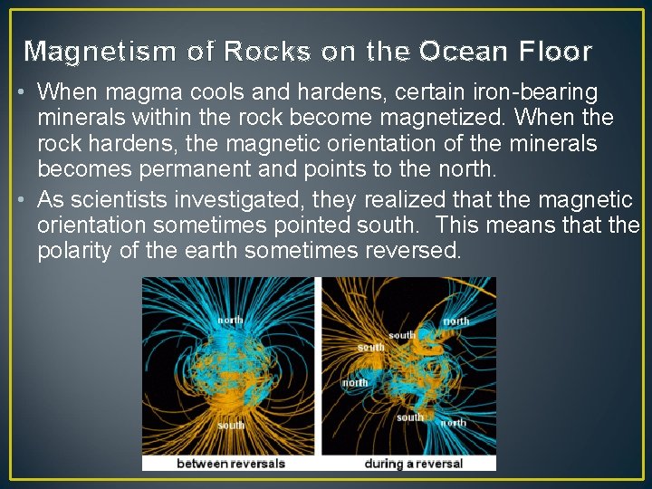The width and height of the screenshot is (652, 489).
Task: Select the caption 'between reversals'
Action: point(231,463)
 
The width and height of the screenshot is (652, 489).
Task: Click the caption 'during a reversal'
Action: point(413,463)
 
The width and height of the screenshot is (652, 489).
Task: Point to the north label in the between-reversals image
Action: point(230,320)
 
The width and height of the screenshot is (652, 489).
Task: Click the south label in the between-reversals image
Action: point(230,424)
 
